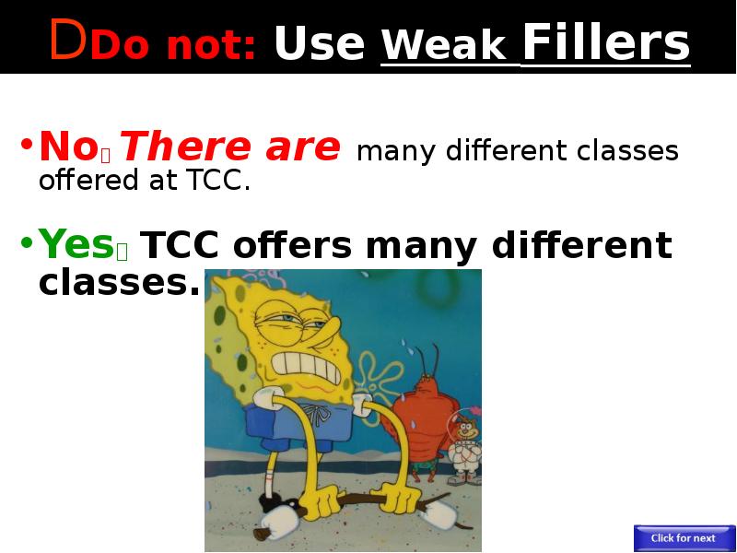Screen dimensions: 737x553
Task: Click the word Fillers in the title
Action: pyautogui.click(x=606, y=41)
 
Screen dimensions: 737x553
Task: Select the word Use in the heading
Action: pyautogui.click(x=320, y=42)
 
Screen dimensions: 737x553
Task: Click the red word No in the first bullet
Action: pyautogui.click(x=68, y=147)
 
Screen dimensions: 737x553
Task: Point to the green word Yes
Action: pyautogui.click(x=76, y=243)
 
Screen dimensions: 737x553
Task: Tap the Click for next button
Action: pyautogui.click(x=683, y=538)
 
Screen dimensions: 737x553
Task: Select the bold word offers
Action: pyautogui.click(x=292, y=244)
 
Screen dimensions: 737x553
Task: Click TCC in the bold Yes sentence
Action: pyautogui.click(x=180, y=245)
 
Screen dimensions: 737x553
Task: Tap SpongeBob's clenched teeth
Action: pyautogui.click(x=306, y=368)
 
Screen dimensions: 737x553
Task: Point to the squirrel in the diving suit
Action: pyautogui.click(x=464, y=446)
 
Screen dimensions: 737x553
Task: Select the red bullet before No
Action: pyautogui.click(x=27, y=145)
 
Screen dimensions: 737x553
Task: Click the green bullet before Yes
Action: pyautogui.click(x=27, y=242)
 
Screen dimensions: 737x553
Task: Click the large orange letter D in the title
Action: pyautogui.click(x=68, y=40)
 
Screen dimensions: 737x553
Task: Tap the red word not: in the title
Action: pyautogui.click(x=211, y=45)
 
